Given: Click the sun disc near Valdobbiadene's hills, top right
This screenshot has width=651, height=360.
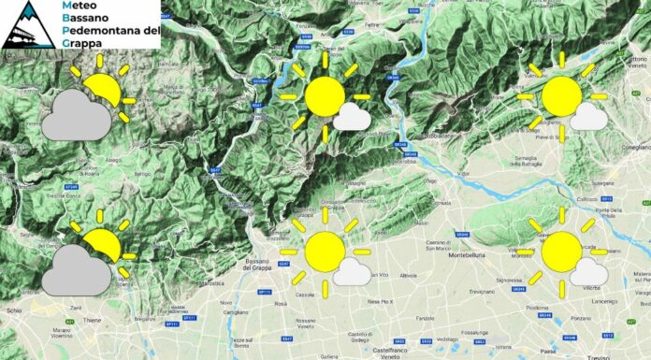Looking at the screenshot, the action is [562, 97].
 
